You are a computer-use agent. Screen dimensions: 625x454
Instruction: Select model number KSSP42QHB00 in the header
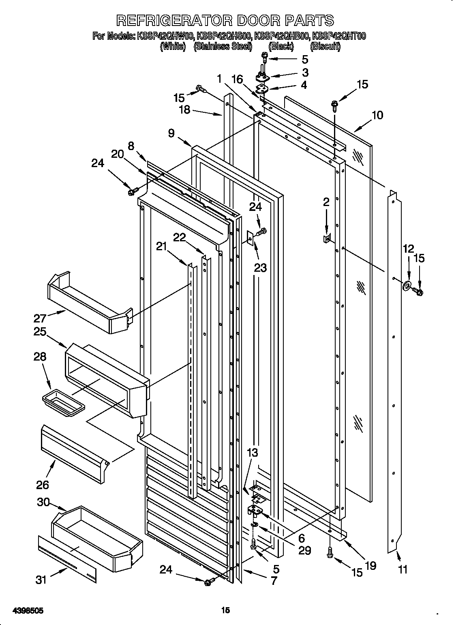click(x=281, y=37)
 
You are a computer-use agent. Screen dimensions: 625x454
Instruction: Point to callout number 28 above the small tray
click(x=39, y=357)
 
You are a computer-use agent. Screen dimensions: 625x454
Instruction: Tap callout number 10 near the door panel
click(x=377, y=115)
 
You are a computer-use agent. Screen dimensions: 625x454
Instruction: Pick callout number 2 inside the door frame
click(x=326, y=202)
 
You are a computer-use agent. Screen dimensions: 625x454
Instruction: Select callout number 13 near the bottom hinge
click(x=252, y=453)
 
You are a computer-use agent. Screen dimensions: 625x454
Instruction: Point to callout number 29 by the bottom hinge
click(x=304, y=550)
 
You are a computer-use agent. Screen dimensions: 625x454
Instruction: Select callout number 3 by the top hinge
click(x=305, y=73)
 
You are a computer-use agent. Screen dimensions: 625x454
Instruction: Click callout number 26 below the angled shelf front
click(x=43, y=484)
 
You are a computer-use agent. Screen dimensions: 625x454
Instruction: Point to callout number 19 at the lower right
click(x=370, y=565)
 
